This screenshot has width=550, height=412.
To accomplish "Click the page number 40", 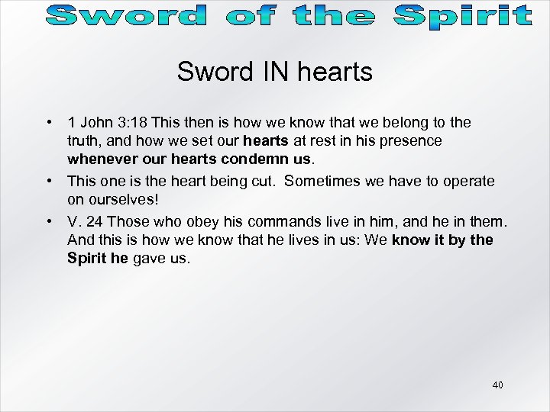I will coord(497,385).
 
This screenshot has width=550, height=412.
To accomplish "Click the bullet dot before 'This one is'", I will coord(48,181).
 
